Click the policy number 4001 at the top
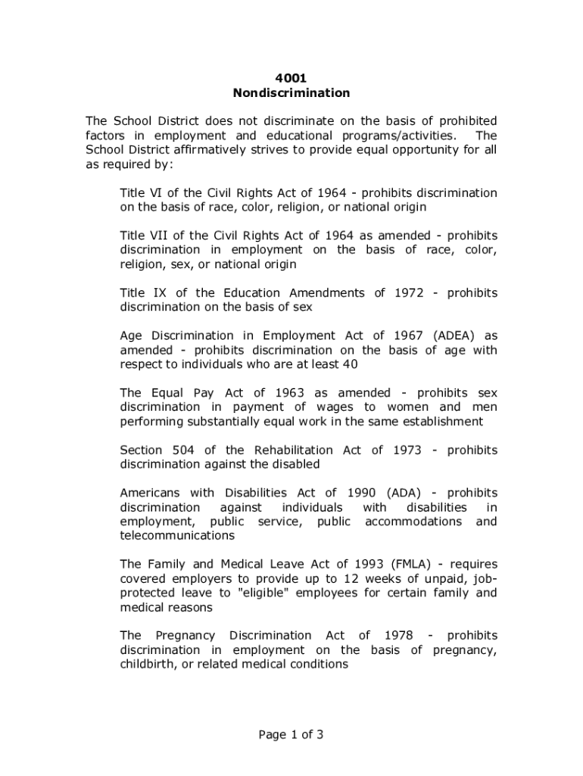coord(291,78)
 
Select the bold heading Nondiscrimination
coord(291,93)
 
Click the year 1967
coord(391,336)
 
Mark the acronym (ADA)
coord(403,493)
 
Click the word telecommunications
coord(177,536)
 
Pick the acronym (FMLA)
coord(413,565)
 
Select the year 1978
coord(398,635)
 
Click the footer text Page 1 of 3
coord(291,734)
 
